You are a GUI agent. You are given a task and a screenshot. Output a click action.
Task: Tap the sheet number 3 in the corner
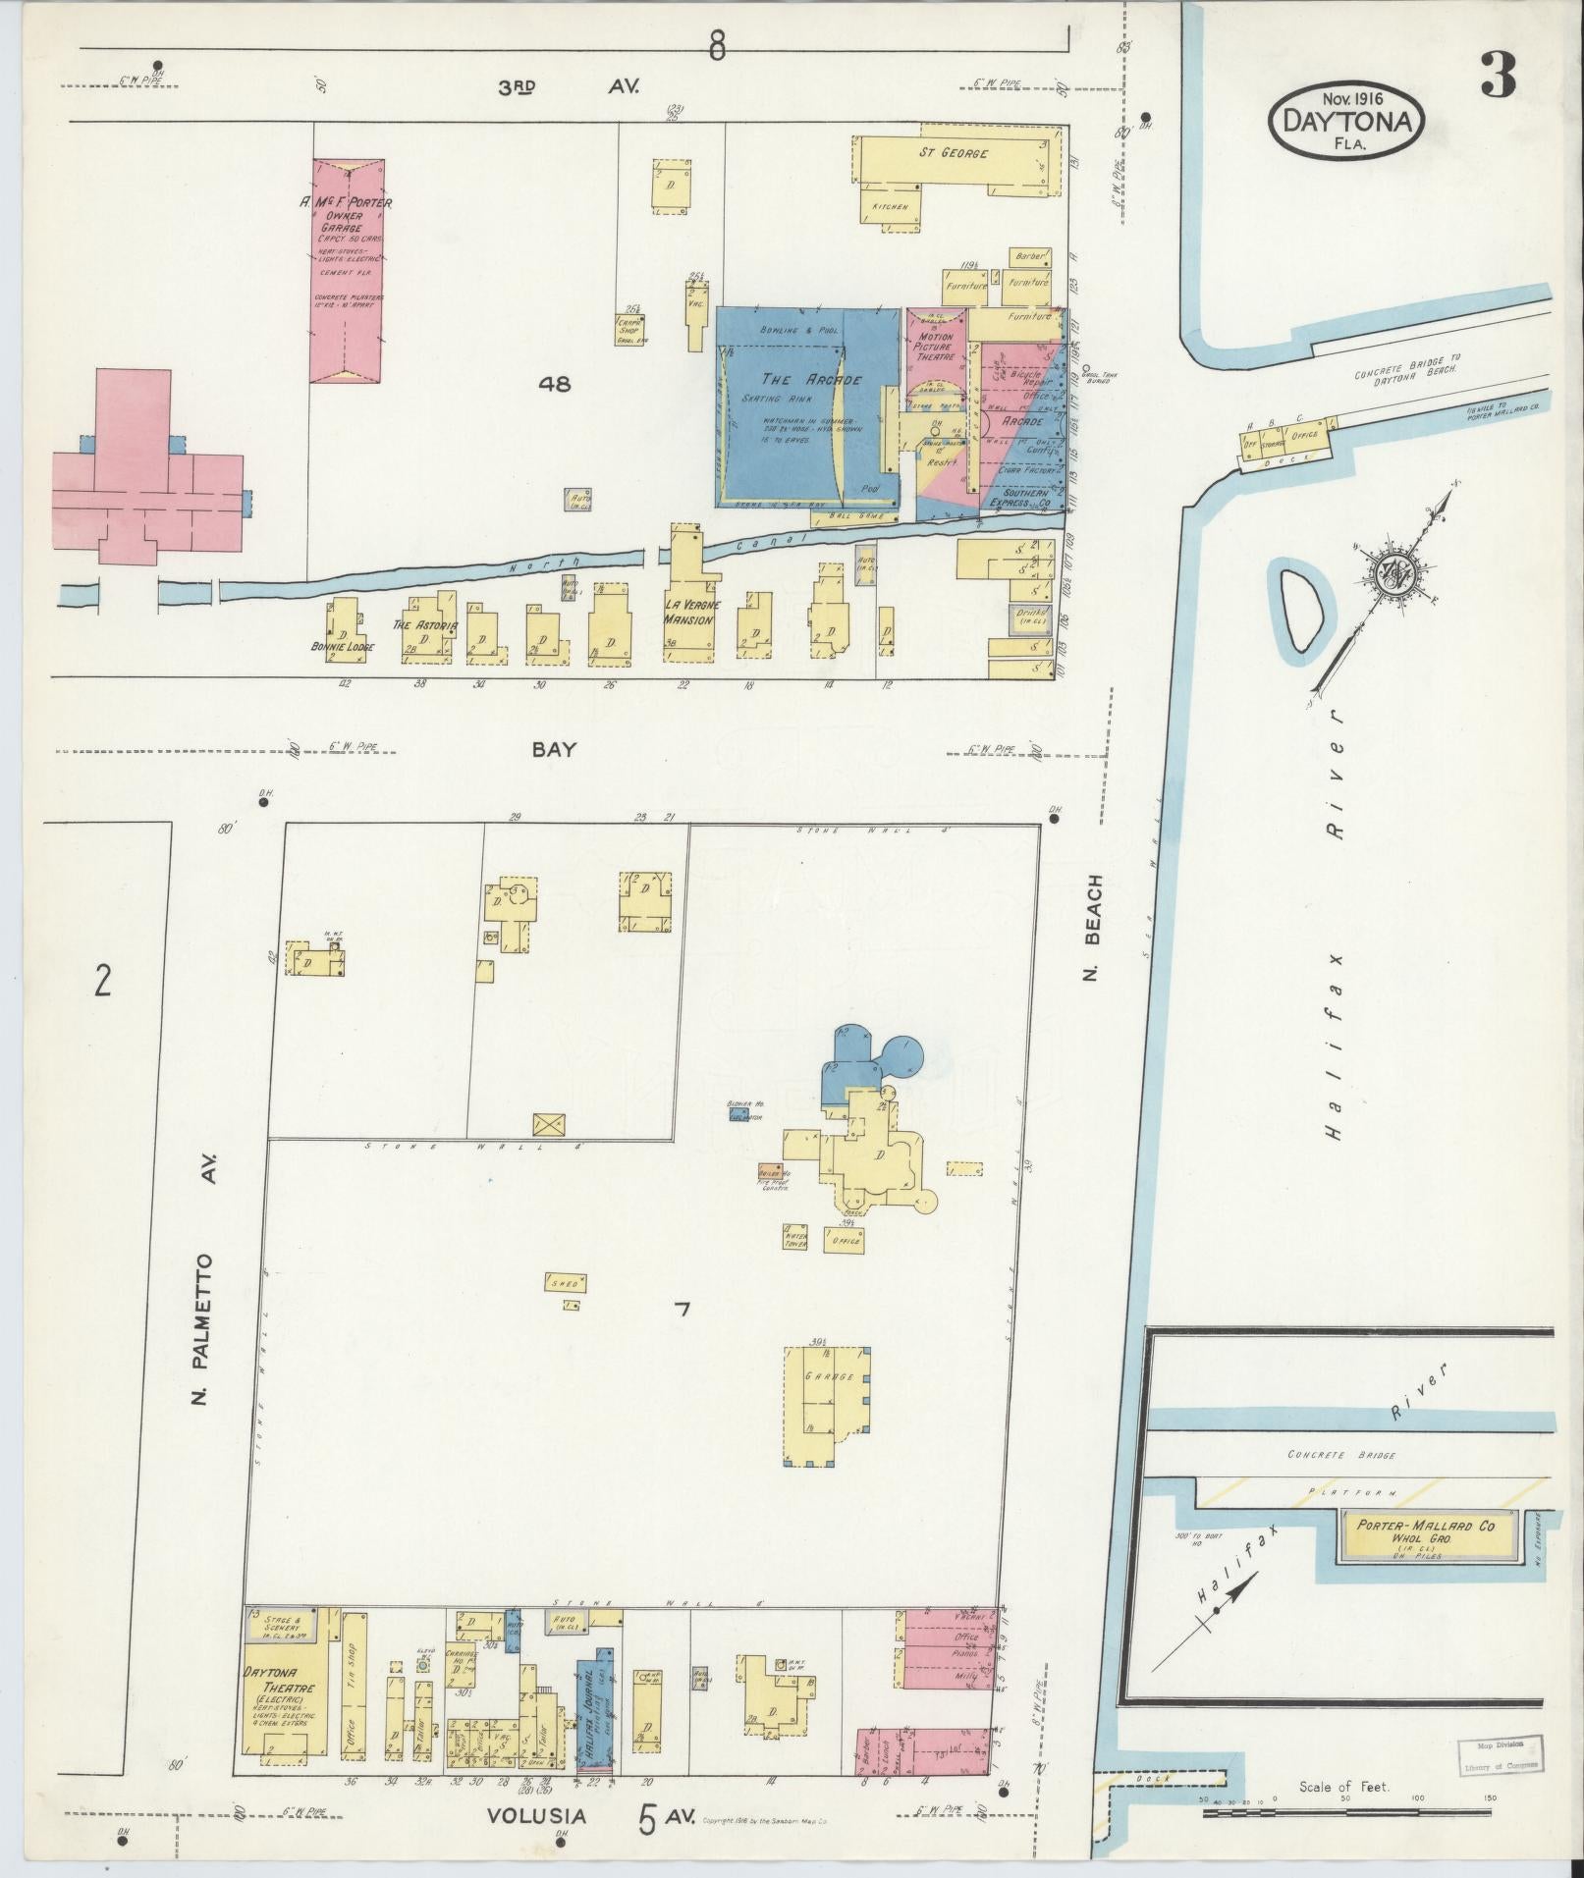1498,75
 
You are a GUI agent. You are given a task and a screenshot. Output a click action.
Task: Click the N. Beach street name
1096,926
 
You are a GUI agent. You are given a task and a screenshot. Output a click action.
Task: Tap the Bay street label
553,750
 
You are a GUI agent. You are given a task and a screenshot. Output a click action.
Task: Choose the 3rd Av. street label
568,86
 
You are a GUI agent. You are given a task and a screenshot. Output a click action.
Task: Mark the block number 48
555,384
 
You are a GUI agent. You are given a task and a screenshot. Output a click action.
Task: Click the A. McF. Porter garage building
348,270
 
